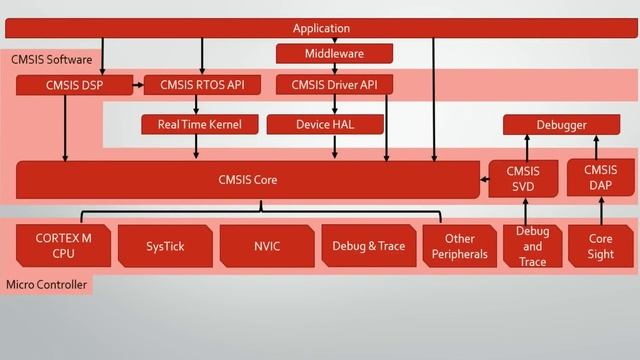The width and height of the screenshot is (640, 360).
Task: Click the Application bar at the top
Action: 321,28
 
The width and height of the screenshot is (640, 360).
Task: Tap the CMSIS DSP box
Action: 74,85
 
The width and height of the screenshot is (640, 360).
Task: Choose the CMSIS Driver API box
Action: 333,85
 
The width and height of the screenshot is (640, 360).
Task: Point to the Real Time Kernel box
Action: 199,124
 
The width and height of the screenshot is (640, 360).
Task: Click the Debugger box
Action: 560,125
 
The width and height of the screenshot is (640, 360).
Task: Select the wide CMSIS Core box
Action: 247,180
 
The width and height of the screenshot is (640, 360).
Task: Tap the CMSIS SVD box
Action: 523,180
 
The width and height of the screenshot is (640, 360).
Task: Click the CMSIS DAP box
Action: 600,178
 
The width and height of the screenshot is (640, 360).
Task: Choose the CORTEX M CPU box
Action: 63,246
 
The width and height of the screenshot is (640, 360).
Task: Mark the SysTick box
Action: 165,246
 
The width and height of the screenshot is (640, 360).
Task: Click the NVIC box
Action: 267,246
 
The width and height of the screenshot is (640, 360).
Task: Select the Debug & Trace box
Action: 368,246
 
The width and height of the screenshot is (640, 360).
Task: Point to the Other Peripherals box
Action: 459,246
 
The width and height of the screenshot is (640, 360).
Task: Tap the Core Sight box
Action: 600,246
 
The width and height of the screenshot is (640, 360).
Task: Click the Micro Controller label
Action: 47,286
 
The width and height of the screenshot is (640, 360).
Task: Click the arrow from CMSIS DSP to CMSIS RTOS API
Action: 138,85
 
